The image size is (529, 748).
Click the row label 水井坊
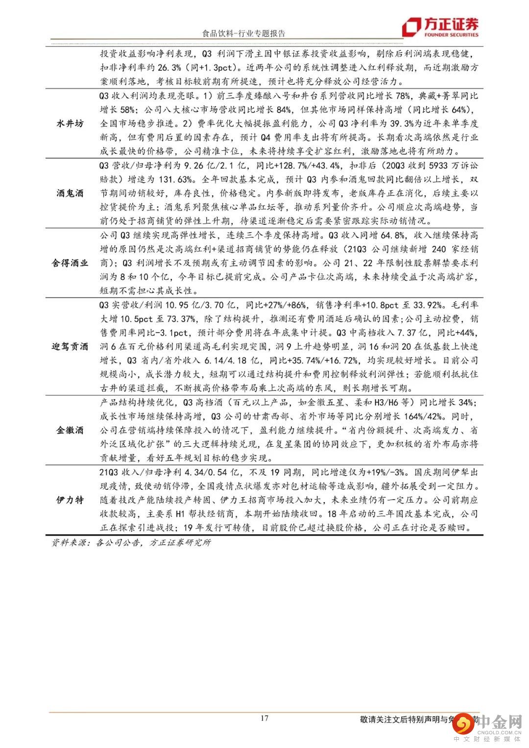point(70,123)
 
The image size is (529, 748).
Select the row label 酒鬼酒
point(70,193)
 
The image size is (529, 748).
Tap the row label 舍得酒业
point(70,263)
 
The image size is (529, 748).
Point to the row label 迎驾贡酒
point(70,346)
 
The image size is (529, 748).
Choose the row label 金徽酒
point(70,430)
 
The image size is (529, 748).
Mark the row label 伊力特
point(70,500)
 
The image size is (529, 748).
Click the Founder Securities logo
point(440,27)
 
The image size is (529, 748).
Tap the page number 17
point(264,719)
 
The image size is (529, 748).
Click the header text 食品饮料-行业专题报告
point(243,33)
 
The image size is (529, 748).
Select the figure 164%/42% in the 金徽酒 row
point(421,416)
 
